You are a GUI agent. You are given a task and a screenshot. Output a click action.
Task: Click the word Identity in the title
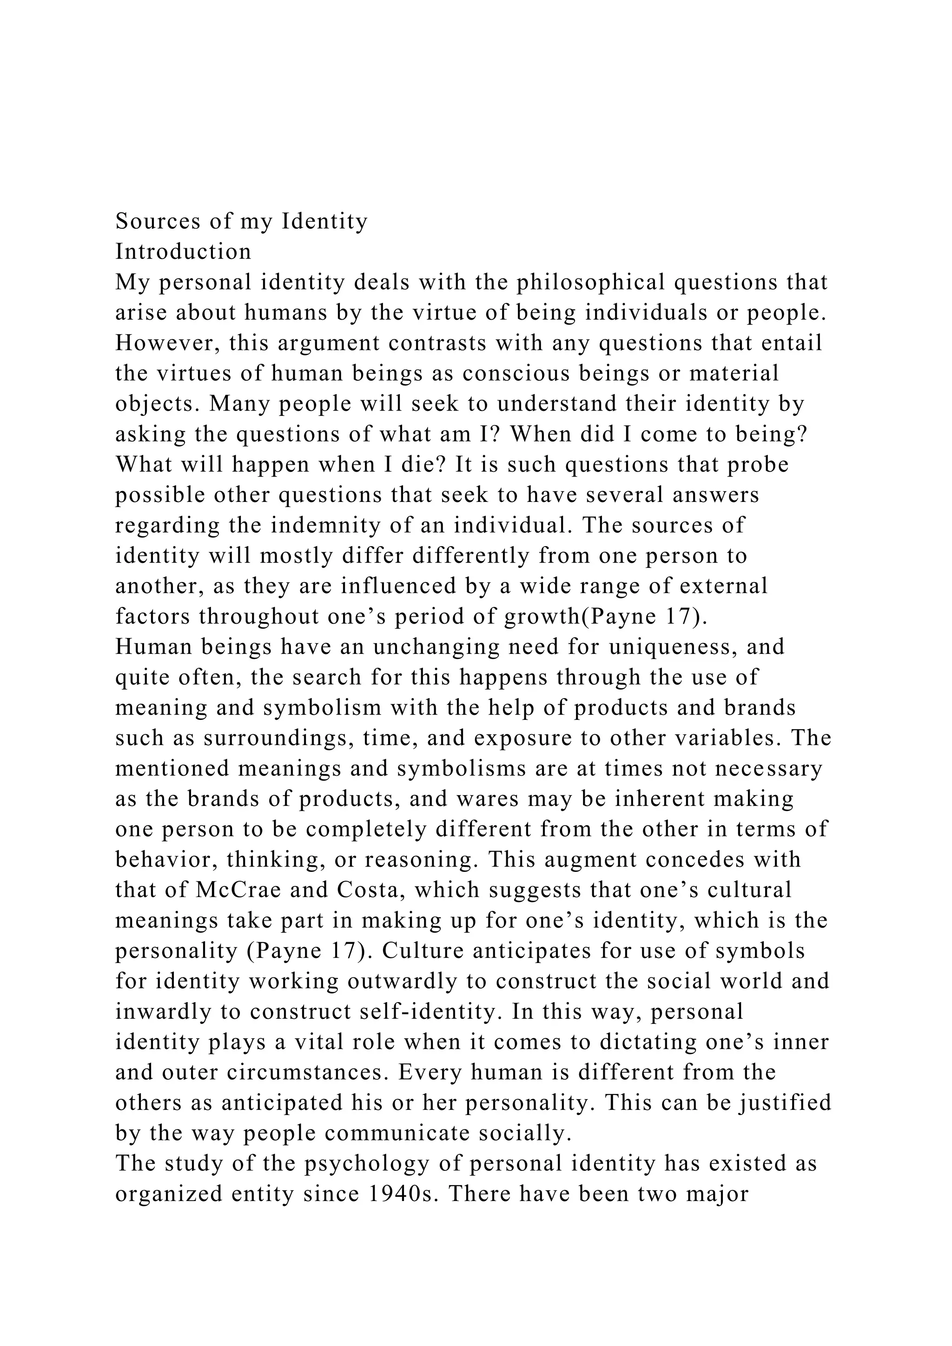click(x=325, y=222)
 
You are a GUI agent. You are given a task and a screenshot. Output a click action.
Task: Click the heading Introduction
click(x=183, y=252)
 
